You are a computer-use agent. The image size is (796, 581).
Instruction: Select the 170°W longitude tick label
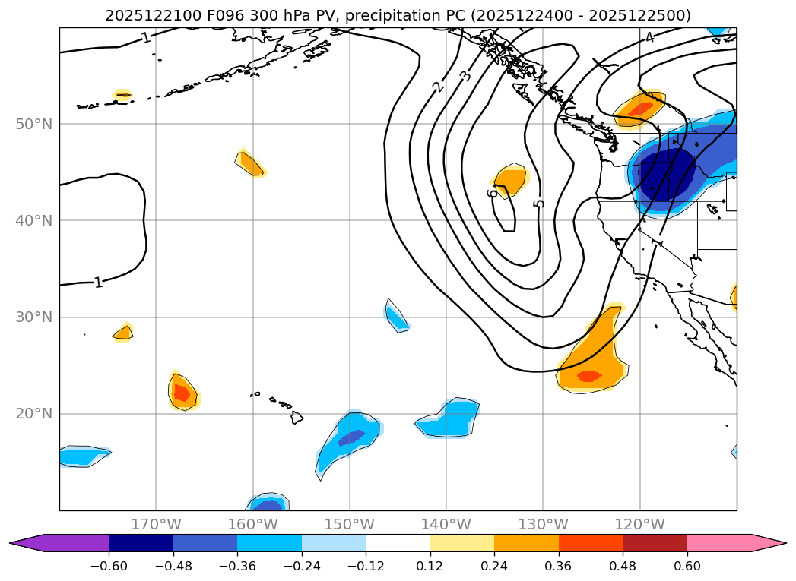pos(156,524)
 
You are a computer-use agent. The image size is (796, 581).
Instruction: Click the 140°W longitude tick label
pos(446,524)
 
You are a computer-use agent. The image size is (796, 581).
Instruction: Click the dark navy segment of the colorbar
pos(141,542)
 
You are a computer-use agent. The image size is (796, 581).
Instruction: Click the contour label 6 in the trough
pos(493,193)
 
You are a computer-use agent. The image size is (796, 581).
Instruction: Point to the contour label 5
pos(538,203)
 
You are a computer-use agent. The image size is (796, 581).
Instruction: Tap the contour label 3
pos(465,76)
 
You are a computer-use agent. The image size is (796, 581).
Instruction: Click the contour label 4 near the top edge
pos(649,38)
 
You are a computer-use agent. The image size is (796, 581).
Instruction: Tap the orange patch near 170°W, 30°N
pos(123,332)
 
